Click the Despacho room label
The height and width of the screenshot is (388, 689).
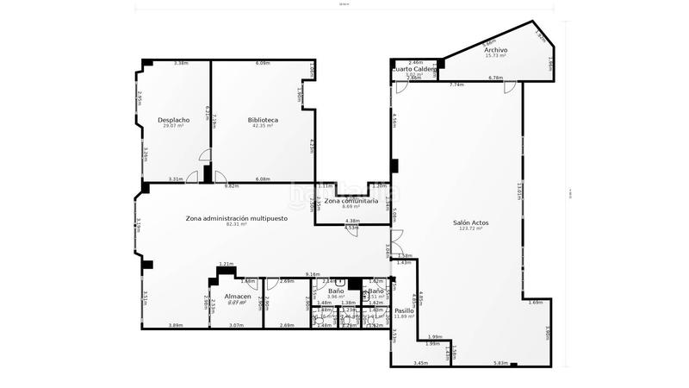pyautogui.click(x=174, y=120)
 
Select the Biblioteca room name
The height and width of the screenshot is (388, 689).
pyautogui.click(x=262, y=120)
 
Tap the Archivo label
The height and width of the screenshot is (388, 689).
pyautogui.click(x=495, y=51)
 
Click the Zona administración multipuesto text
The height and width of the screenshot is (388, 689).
pyautogui.click(x=236, y=218)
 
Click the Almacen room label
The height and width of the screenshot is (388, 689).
pyautogui.click(x=238, y=297)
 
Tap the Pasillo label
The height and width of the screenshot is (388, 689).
pyautogui.click(x=405, y=310)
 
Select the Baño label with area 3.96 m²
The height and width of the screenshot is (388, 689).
pyautogui.click(x=336, y=291)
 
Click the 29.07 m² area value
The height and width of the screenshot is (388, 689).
pyautogui.click(x=174, y=126)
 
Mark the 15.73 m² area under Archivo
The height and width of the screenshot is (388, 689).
pyautogui.click(x=495, y=57)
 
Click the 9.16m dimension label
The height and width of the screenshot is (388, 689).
pyautogui.click(x=313, y=274)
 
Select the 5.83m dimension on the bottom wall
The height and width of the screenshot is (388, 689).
pyautogui.click(x=500, y=363)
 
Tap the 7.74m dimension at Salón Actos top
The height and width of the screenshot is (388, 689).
pyautogui.click(x=456, y=84)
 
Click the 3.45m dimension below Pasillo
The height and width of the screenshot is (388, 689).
pyautogui.click(x=420, y=363)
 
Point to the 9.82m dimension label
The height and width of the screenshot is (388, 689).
pyautogui.click(x=231, y=186)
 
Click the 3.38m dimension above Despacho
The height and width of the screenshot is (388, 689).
pyautogui.click(x=181, y=63)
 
